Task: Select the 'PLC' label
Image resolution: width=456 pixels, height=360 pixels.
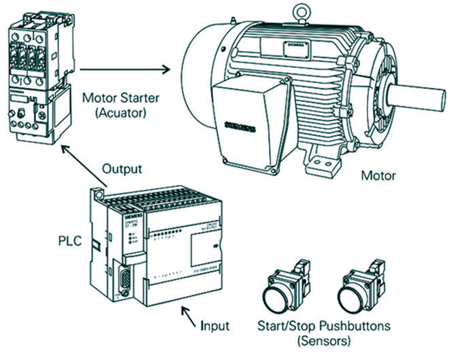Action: click(69, 240)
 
